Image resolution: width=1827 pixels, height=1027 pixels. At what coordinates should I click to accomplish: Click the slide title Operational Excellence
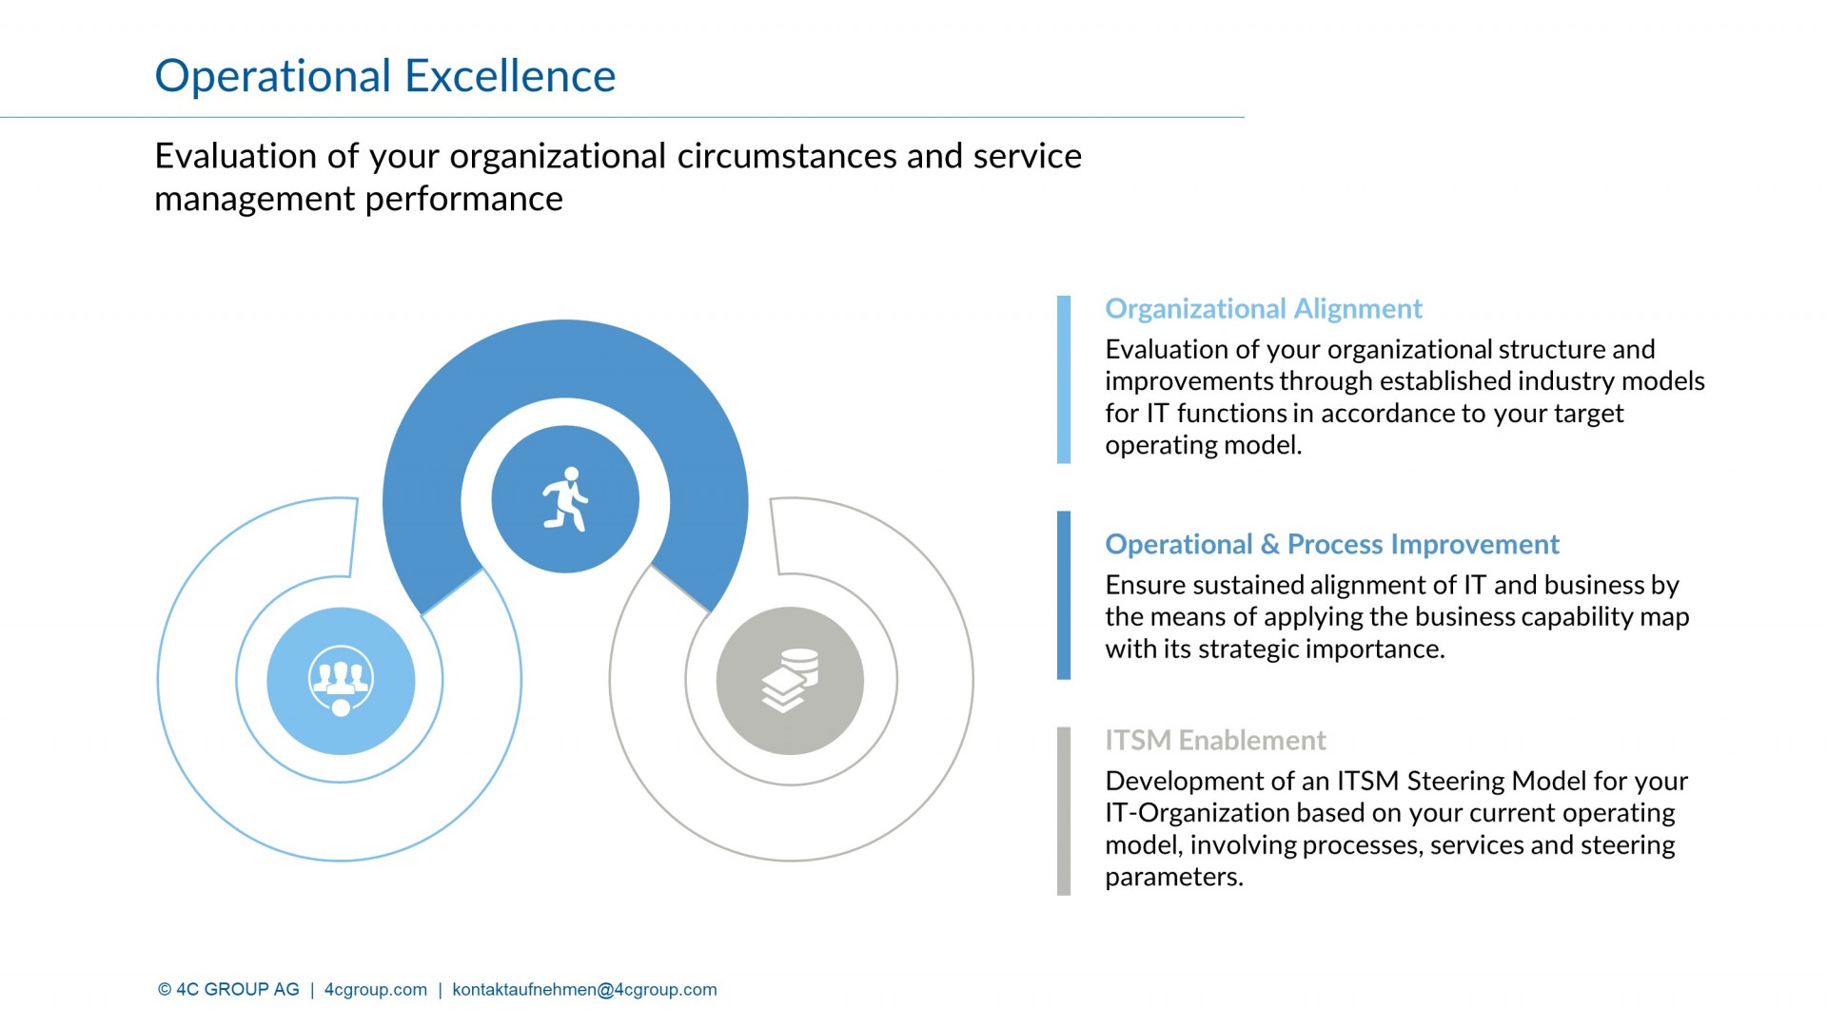click(x=384, y=76)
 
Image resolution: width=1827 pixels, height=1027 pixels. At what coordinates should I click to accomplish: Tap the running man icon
click(x=565, y=499)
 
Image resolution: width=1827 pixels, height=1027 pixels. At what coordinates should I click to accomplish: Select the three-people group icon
click(x=341, y=681)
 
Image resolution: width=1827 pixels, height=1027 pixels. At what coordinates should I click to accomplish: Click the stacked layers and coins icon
click(x=790, y=681)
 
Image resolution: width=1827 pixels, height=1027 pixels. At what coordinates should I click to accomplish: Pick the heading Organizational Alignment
click(x=1263, y=309)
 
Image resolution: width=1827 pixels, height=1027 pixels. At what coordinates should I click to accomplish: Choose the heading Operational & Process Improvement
click(x=1331, y=544)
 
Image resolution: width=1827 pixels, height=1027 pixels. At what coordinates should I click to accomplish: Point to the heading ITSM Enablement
click(x=1215, y=740)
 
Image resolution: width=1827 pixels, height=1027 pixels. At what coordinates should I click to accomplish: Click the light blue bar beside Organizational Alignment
click(x=1063, y=379)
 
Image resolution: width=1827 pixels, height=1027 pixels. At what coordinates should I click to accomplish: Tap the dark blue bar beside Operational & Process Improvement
click(x=1063, y=595)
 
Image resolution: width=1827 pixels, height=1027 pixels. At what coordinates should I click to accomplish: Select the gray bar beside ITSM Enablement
click(x=1063, y=811)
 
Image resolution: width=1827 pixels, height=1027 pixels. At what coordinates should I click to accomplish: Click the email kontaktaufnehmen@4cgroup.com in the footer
click(x=584, y=990)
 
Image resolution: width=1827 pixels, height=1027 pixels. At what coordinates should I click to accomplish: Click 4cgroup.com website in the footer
click(x=376, y=990)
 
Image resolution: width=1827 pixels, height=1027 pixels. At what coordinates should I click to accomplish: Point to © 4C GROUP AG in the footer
click(x=228, y=990)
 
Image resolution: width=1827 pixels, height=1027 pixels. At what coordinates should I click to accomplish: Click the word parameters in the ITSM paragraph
click(x=1173, y=877)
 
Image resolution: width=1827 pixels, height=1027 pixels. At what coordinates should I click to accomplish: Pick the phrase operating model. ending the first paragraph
click(x=1203, y=445)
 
